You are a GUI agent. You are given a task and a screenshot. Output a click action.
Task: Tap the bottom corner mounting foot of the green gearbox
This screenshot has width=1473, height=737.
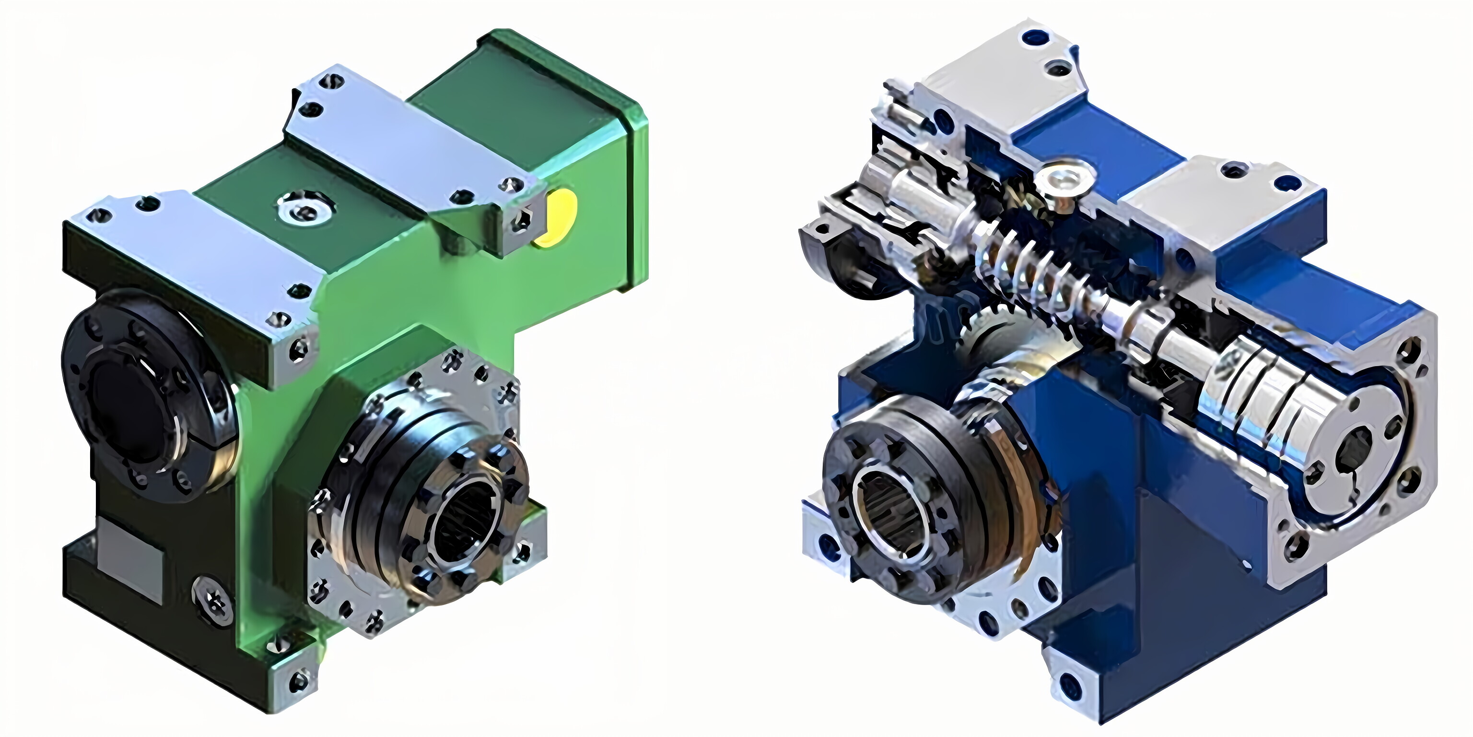(x=293, y=680)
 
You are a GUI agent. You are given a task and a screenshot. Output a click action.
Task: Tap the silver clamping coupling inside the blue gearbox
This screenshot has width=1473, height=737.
(x=1258, y=389)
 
